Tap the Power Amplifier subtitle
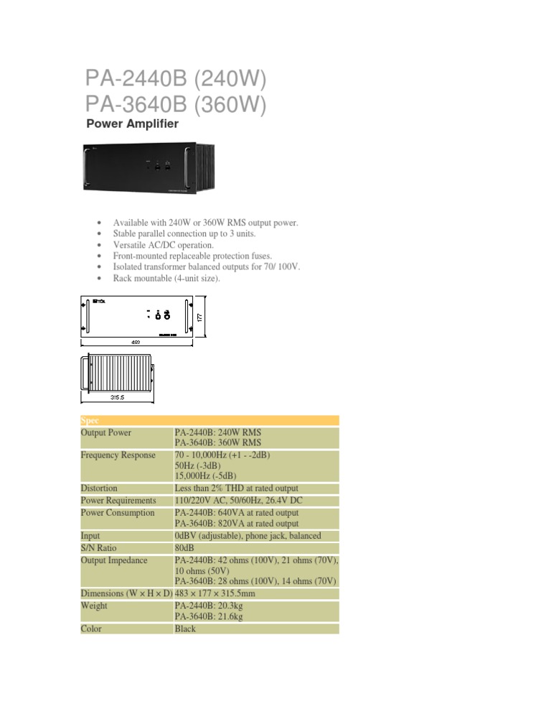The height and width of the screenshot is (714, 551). click(x=132, y=124)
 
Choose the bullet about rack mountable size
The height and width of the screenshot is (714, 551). click(x=166, y=277)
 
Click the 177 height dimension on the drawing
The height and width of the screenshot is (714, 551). click(x=201, y=317)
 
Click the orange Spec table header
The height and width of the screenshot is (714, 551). click(x=208, y=420)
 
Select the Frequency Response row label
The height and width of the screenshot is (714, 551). click(x=118, y=455)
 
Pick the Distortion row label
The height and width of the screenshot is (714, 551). click(x=100, y=488)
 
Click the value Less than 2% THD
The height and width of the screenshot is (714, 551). click(x=237, y=488)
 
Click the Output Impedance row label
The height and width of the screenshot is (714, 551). click(x=114, y=560)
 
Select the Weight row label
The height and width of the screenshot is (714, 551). click(x=95, y=606)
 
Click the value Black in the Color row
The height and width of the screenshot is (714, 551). click(x=185, y=629)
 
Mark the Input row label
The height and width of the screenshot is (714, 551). click(x=90, y=536)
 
